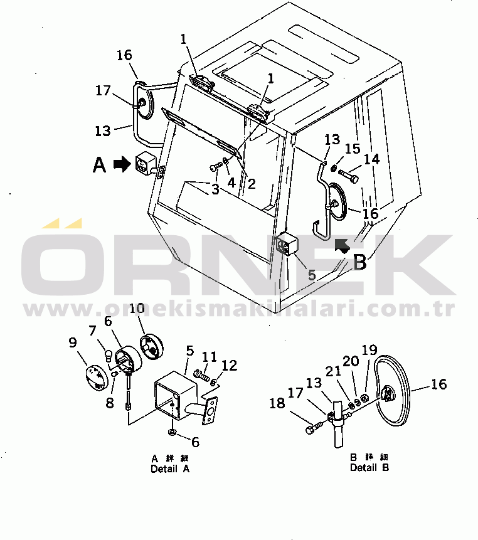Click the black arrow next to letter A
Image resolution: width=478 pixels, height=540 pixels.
[121, 164]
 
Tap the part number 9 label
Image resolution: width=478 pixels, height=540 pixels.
[73, 342]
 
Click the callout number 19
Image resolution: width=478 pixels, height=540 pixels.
[369, 349]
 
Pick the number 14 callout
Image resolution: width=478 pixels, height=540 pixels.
[372, 159]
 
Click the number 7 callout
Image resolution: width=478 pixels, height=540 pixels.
[92, 330]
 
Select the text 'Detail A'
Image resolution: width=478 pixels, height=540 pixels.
[170, 469]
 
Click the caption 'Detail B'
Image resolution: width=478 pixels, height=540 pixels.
[369, 467]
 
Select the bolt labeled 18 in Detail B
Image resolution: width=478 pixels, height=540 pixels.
[314, 428]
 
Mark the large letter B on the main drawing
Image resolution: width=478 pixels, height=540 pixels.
[359, 262]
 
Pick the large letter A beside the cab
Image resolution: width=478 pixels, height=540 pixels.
[100, 165]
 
